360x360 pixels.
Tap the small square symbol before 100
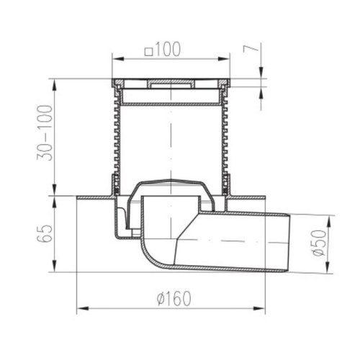(149, 52)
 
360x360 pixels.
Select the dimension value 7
(251, 49)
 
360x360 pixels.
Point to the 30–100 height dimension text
(45, 132)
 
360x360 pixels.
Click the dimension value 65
(45, 234)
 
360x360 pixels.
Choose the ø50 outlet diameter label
(320, 243)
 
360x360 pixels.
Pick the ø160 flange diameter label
(174, 298)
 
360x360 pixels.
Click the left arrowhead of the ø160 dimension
(82, 308)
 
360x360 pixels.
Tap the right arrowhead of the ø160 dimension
(259, 308)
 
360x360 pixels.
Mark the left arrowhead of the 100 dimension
(118, 59)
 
